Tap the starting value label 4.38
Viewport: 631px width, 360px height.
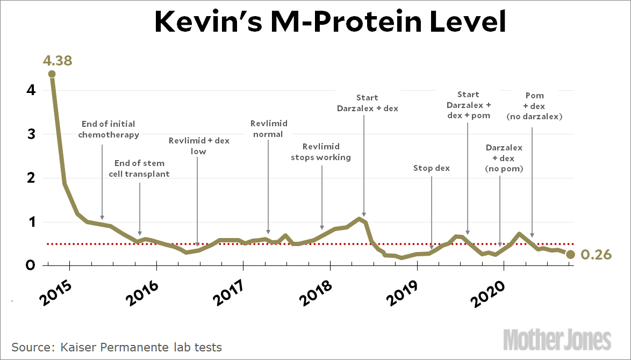click(58, 60)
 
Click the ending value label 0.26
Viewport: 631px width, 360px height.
click(597, 255)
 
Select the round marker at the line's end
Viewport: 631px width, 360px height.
click(571, 255)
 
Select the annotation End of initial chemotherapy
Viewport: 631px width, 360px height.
click(109, 129)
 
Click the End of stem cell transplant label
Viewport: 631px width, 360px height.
click(140, 168)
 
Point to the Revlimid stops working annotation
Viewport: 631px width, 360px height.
click(321, 152)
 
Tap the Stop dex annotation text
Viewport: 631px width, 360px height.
click(432, 168)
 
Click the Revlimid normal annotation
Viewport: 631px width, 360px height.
click(269, 129)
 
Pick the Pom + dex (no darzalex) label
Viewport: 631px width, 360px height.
click(534, 106)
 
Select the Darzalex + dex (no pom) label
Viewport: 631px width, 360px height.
click(504, 158)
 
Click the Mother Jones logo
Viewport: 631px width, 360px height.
click(557, 340)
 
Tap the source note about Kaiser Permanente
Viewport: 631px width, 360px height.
click(117, 347)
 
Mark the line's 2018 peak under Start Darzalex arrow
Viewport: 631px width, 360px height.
click(359, 219)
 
